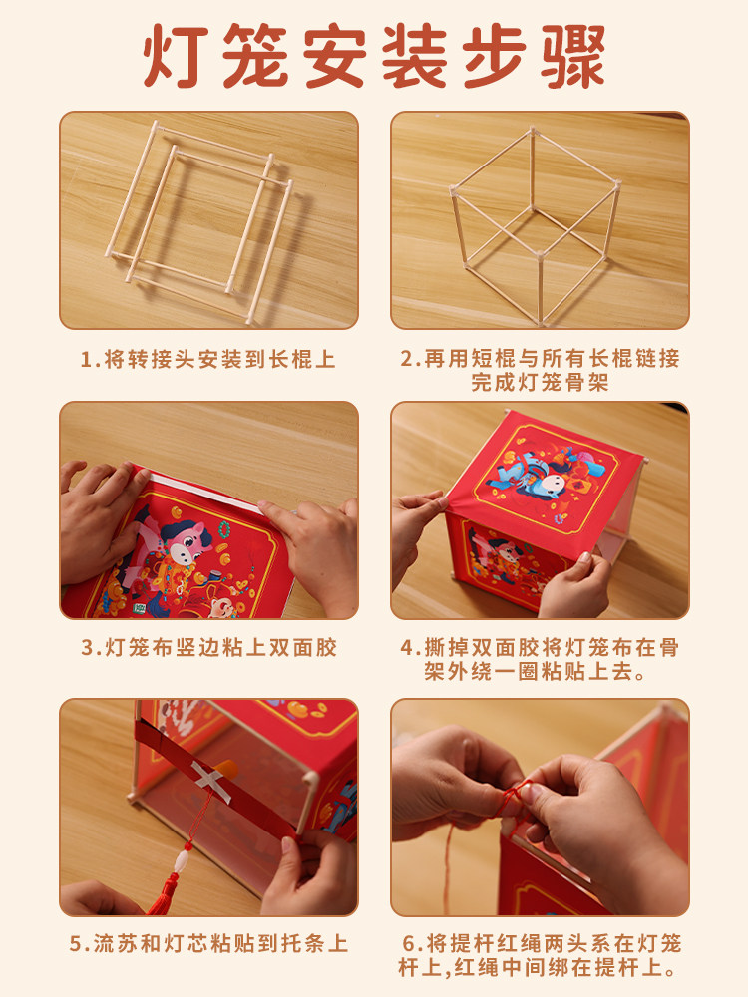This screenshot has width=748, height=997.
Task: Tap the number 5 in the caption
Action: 77,943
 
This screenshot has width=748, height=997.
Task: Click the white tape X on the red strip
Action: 210,778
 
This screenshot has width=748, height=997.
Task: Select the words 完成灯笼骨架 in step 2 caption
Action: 540,383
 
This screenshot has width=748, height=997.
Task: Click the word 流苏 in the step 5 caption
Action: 112,943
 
